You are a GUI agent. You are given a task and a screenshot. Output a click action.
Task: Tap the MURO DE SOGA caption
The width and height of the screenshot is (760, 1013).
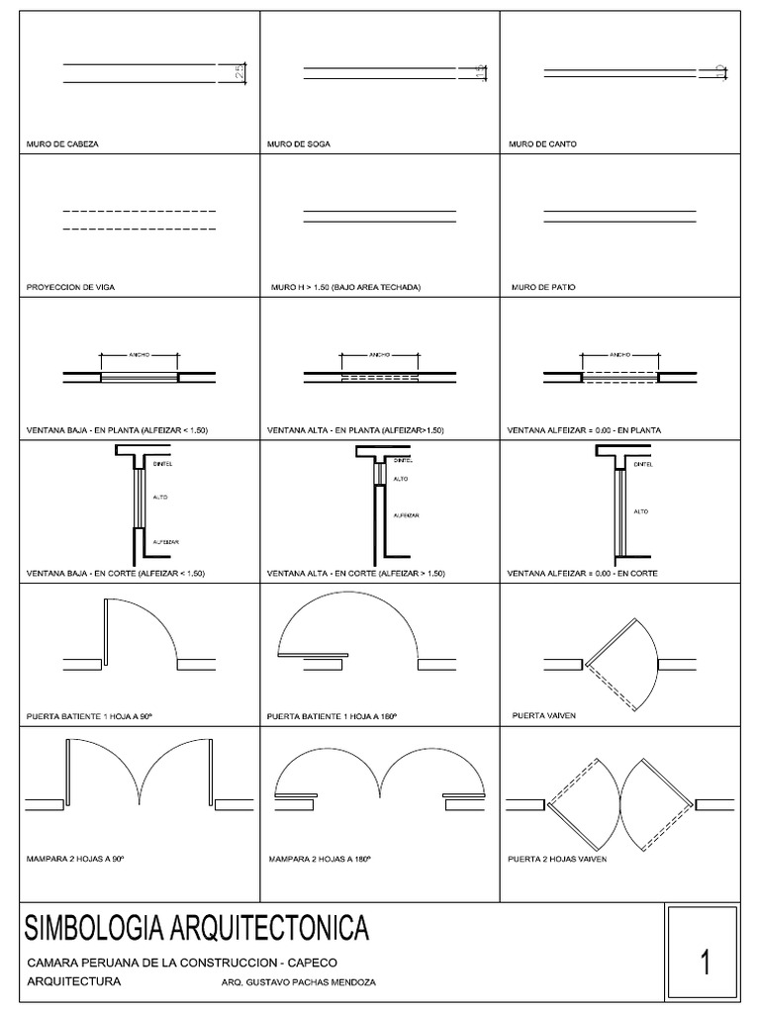pyautogui.click(x=298, y=143)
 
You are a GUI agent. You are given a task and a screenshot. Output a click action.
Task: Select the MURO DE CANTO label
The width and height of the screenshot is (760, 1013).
pyautogui.click(x=542, y=143)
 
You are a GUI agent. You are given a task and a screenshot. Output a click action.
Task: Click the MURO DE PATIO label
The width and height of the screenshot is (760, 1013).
pyautogui.click(x=543, y=288)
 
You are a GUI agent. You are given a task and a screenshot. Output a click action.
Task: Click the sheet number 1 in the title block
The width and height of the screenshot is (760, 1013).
pyautogui.click(x=706, y=962)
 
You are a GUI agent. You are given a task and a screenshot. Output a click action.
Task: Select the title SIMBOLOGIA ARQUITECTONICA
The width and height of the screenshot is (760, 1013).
pyautogui.click(x=196, y=929)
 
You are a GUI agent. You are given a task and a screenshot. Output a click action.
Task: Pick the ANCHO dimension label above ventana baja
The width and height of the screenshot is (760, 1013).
pyautogui.click(x=139, y=353)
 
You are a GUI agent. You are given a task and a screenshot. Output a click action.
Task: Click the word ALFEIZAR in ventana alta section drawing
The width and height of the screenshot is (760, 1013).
pyautogui.click(x=408, y=515)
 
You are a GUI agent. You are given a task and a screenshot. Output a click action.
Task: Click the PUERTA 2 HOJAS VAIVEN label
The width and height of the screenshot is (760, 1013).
pyautogui.click(x=556, y=859)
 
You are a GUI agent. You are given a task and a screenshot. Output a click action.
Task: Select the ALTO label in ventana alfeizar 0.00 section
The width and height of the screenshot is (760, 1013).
pyautogui.click(x=640, y=511)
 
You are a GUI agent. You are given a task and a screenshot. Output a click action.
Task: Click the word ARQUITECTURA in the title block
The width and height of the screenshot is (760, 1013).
pyautogui.click(x=73, y=982)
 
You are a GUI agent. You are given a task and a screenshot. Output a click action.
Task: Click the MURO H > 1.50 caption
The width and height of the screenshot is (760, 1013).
pyautogui.click(x=345, y=288)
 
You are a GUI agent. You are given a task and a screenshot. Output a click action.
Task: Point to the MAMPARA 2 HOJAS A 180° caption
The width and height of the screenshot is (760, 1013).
pyautogui.click(x=320, y=859)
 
